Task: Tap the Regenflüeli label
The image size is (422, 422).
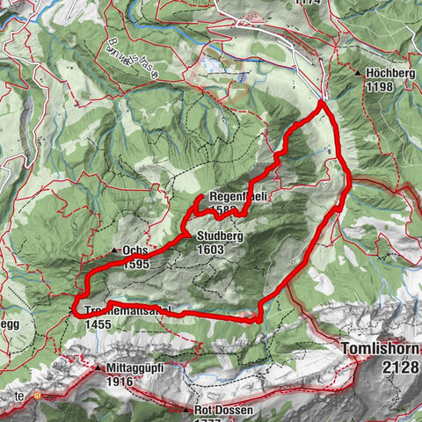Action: click(x=236, y=197)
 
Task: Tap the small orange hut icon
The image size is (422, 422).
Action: click(x=37, y=396)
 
